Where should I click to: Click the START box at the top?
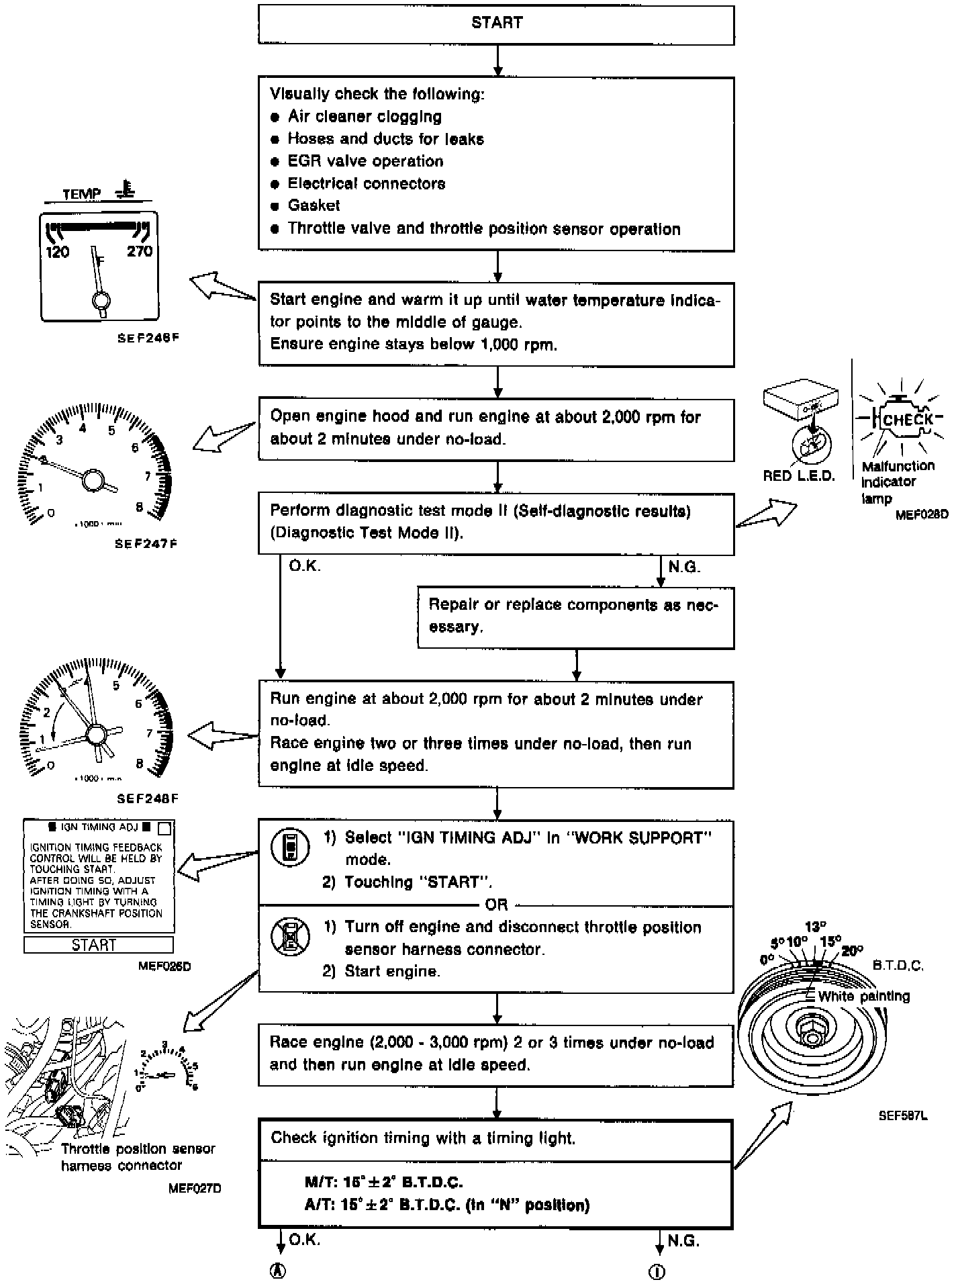pyautogui.click(x=496, y=24)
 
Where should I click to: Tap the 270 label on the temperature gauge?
pyautogui.click(x=139, y=252)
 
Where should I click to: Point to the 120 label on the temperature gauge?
pyautogui.click(x=58, y=253)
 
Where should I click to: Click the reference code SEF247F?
pyautogui.click(x=146, y=544)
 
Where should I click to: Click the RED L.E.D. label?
pyautogui.click(x=799, y=476)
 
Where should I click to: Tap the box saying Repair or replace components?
pyautogui.click(x=575, y=616)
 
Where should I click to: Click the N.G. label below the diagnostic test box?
pyautogui.click(x=684, y=567)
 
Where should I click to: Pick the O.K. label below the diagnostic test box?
pyautogui.click(x=305, y=567)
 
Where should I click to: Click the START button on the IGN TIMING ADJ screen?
pyautogui.click(x=98, y=945)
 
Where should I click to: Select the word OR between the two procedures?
pyautogui.click(x=496, y=905)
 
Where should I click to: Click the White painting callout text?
pyautogui.click(x=863, y=997)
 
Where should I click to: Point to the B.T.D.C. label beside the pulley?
pyautogui.click(x=898, y=966)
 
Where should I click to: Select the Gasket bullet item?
pyautogui.click(x=314, y=205)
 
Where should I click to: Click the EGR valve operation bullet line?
pyautogui.click(x=365, y=161)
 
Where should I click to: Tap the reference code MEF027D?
pyautogui.click(x=195, y=1189)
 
